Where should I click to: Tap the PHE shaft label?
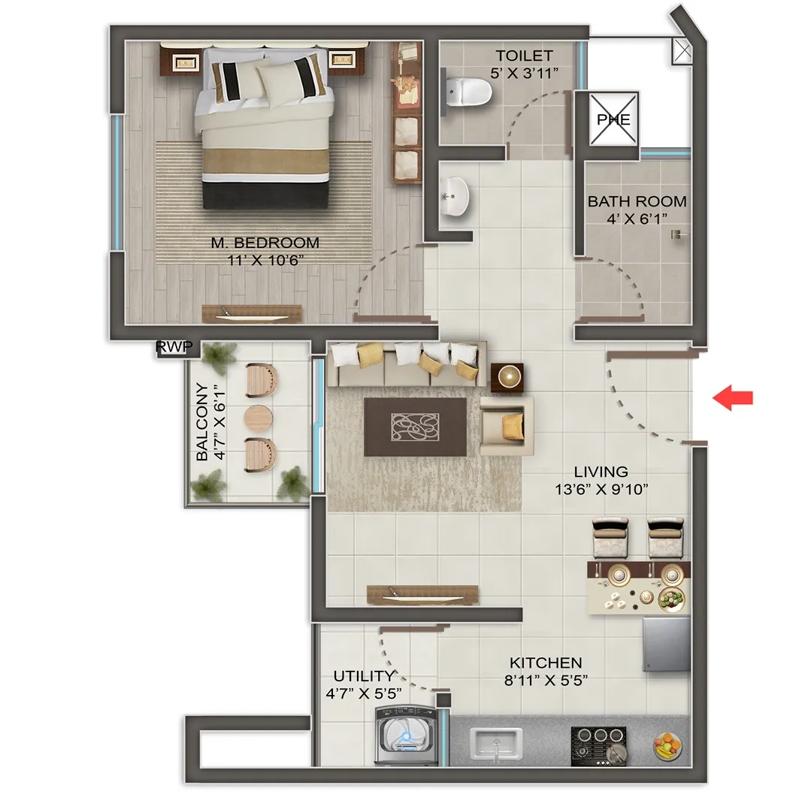pyautogui.click(x=613, y=119)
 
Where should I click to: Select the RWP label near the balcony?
pyautogui.click(x=174, y=347)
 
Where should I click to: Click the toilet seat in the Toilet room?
pyautogui.click(x=468, y=92)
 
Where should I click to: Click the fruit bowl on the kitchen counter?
pyautogui.click(x=667, y=745)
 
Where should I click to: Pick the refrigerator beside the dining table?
pyautogui.click(x=667, y=645)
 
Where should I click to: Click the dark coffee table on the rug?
pyautogui.click(x=416, y=427)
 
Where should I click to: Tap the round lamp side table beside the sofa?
pyautogui.click(x=507, y=377)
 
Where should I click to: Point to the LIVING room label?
pyautogui.click(x=601, y=472)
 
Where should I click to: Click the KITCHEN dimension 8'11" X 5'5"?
pyautogui.click(x=546, y=680)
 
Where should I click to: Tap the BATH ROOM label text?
pyautogui.click(x=637, y=201)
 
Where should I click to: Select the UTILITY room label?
pyautogui.click(x=363, y=676)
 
